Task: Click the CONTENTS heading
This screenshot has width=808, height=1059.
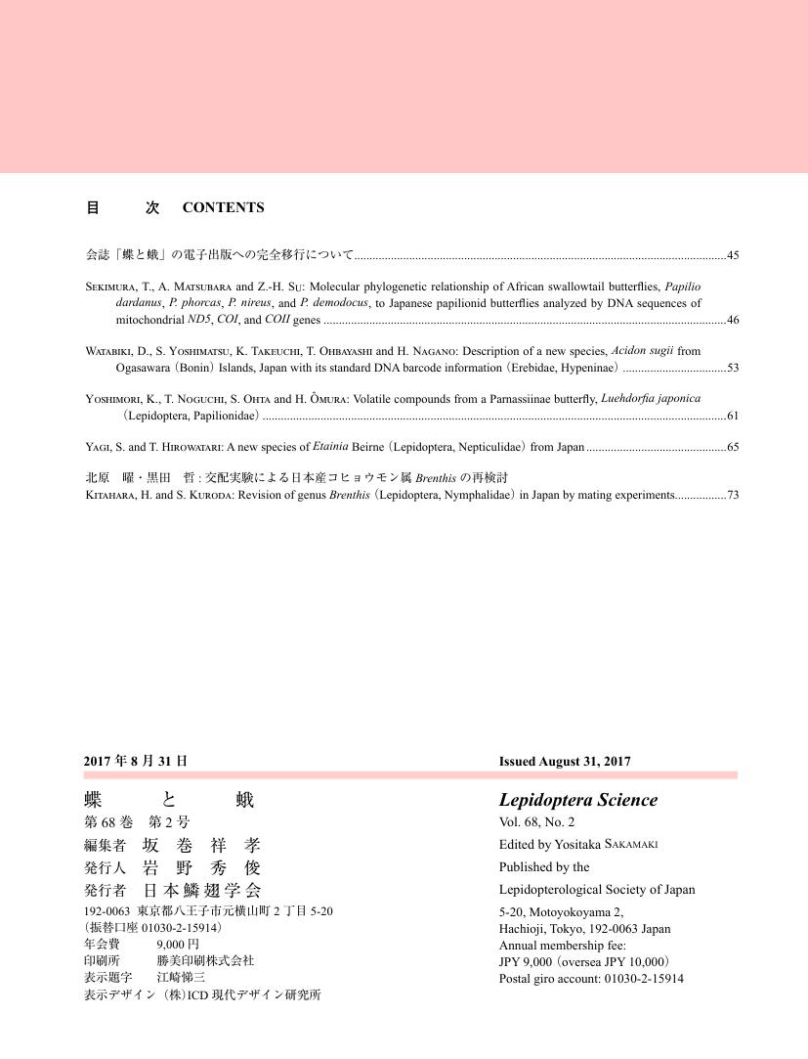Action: [x=223, y=207]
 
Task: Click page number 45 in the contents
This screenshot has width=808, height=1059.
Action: [x=732, y=255]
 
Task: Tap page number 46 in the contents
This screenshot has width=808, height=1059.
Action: [x=732, y=320]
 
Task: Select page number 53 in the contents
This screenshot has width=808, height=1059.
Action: [x=732, y=368]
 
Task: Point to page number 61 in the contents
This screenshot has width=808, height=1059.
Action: [x=732, y=417]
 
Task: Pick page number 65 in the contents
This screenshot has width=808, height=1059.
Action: [x=732, y=447]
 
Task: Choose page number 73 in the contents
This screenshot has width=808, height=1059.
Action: [x=732, y=495]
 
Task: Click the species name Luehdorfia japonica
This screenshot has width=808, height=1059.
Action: [x=651, y=399]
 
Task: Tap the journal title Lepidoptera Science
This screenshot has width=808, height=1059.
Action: [x=577, y=800]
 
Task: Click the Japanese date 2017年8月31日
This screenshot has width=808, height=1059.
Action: [x=136, y=760]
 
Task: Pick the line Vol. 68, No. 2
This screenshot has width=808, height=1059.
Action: [x=536, y=822]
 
